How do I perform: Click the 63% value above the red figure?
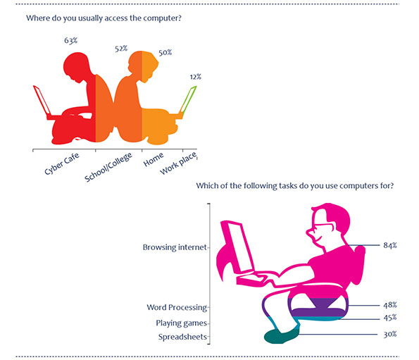coord(71,41)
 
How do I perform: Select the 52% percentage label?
coord(121,49)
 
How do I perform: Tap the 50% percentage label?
coord(165,53)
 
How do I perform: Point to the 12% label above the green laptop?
coord(196,77)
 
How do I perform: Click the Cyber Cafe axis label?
coord(62,163)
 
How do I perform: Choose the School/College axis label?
coord(108,167)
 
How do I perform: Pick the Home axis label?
coord(153,159)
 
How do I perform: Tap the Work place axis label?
coord(179,163)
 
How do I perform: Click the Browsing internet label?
coord(175,247)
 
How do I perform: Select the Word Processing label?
coord(177,308)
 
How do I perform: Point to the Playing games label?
coord(182,323)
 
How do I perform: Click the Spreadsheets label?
coord(182,337)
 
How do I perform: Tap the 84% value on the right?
coord(390,245)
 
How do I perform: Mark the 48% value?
coord(390,305)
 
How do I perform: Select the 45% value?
coord(390,318)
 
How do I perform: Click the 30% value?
coord(390,335)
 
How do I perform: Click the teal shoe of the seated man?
coord(281,336)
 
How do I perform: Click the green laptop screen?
coord(189,99)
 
